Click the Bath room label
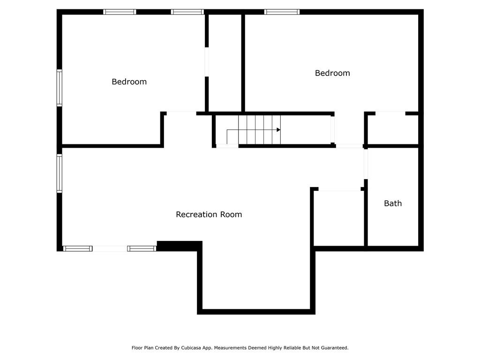pos(393,203)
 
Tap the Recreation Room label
pos(209,214)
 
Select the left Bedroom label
pos(129,82)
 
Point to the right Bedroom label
pos(332,73)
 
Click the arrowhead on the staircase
pos(278,130)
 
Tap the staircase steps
pos(259,130)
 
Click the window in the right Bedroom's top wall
pos(282,12)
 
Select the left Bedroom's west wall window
pos(60,88)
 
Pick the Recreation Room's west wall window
pos(60,173)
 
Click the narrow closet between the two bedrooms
pos(225,63)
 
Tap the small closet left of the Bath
pos(339,218)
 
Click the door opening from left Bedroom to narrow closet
pos(207,62)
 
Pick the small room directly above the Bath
pos(393,129)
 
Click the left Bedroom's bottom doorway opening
pos(181,113)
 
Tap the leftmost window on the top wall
pos(120,12)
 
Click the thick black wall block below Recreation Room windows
pos(180,246)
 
